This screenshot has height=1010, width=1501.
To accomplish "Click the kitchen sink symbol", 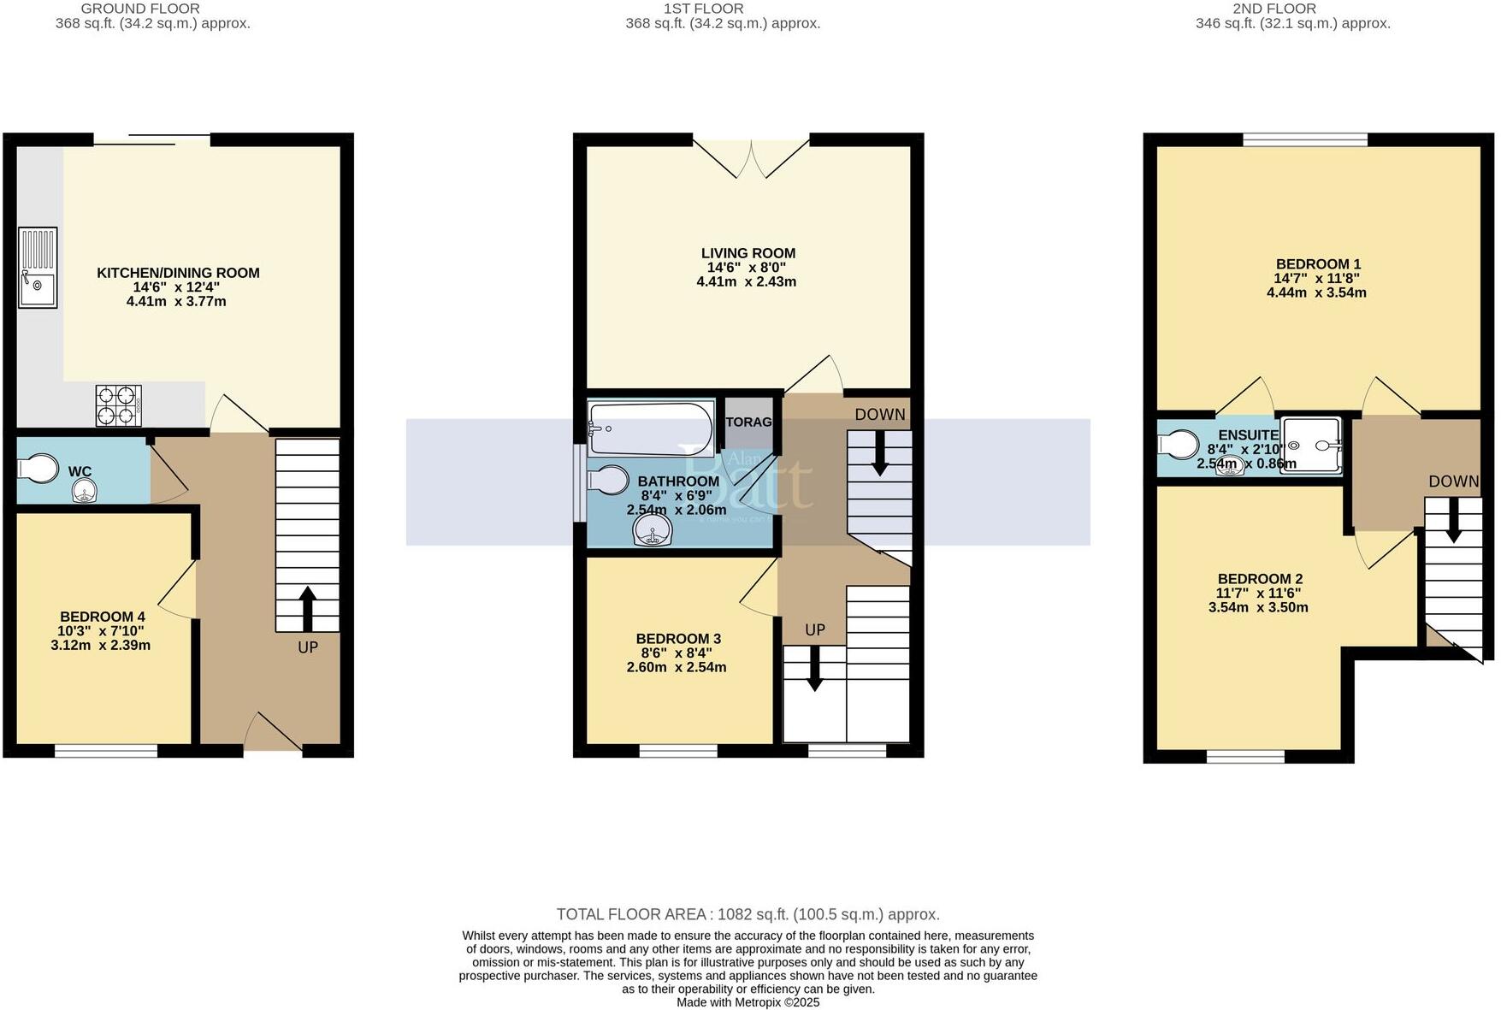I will point(38,267).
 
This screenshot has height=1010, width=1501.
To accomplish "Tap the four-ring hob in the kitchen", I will point(118,405).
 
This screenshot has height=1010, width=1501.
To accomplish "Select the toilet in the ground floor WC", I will point(37,469).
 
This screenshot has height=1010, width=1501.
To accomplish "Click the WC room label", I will point(80,472).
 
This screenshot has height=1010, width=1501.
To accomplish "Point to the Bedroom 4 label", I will point(102,617).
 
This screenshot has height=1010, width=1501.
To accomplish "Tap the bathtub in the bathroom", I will point(651,429).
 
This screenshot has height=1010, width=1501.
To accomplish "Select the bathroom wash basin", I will point(653,531).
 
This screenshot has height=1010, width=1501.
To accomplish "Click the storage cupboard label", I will point(748,422).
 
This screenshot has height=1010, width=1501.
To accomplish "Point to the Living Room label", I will point(748,253).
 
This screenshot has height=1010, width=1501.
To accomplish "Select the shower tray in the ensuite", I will point(1311,446).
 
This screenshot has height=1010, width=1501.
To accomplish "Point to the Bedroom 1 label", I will point(1317,264).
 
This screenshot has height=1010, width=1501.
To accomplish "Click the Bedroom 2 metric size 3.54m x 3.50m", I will point(1257,608).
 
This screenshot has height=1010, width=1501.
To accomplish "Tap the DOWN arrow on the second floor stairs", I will point(1453,522).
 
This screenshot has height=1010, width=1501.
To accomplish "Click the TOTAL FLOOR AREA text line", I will point(748,914).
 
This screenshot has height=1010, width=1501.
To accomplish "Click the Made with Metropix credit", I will point(748,1002).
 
